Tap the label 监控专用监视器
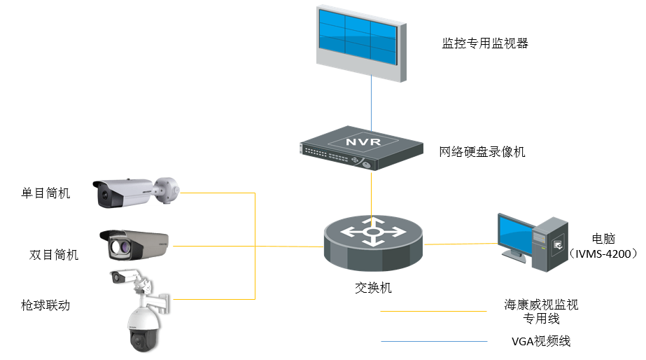(484, 43)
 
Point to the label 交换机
(372, 287)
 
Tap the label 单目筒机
(46, 193)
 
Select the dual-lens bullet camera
(134, 245)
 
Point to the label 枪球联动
(46, 305)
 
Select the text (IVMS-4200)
(603, 253)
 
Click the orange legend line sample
(433, 310)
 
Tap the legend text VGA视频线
(541, 342)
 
